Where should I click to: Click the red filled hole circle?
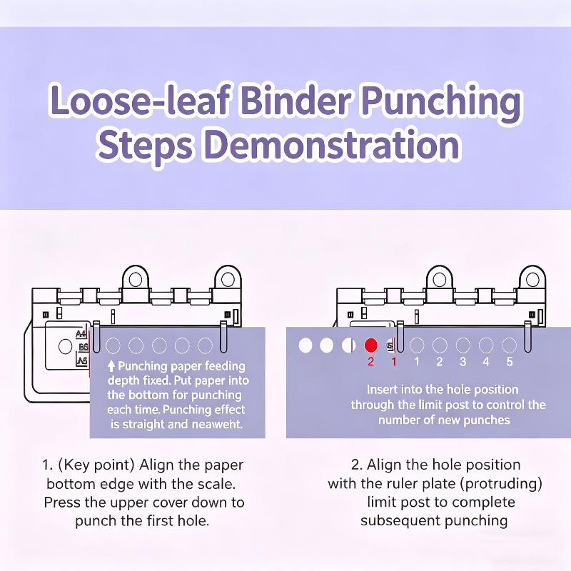370,345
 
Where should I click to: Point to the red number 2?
370,362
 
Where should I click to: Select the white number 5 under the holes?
510,362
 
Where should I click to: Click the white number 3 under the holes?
463,362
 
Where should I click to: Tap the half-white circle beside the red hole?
348,345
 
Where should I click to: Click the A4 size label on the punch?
81,334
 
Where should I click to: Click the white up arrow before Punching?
111,366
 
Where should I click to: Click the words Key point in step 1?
97,465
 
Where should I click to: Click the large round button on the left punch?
65,347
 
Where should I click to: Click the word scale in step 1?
216,484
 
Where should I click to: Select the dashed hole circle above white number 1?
417,345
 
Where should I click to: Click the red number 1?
394,362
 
